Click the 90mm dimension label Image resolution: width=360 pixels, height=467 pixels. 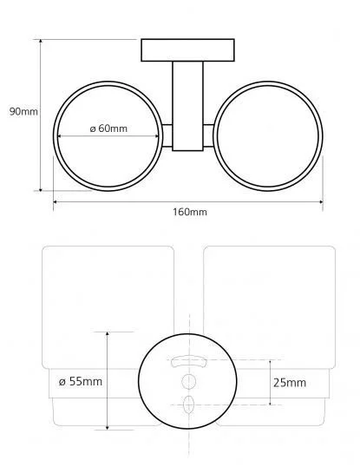pyautogui.click(x=23, y=112)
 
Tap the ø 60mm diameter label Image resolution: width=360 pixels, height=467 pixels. pyautogui.click(x=108, y=128)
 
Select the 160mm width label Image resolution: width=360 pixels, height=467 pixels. pyautogui.click(x=190, y=212)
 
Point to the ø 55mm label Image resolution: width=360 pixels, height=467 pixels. pyautogui.click(x=81, y=382)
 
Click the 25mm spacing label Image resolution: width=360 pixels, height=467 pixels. pyautogui.click(x=290, y=383)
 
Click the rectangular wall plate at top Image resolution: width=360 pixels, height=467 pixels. pyautogui.click(x=187, y=50)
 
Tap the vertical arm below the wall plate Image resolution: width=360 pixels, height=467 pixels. pyautogui.click(x=187, y=106)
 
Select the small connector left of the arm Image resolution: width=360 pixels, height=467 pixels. pyautogui.click(x=167, y=135)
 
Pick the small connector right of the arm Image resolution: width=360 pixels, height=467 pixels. pyautogui.click(x=208, y=135)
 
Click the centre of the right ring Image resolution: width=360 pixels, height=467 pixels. pyautogui.click(x=268, y=136)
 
